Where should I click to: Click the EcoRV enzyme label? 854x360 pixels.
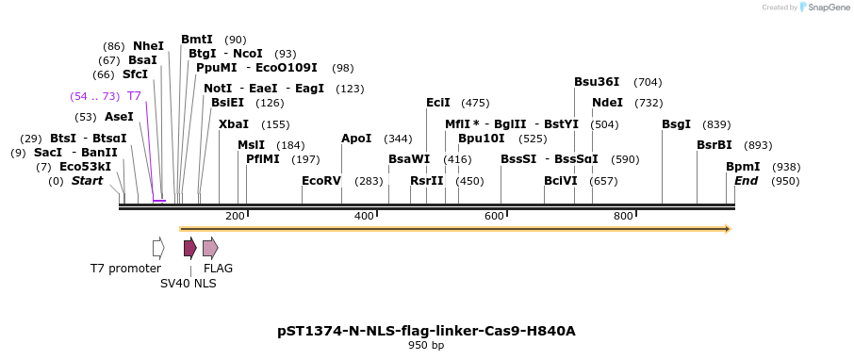[x=320, y=181]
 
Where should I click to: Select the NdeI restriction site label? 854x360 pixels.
[x=607, y=103]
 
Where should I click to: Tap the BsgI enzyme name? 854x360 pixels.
[x=676, y=124]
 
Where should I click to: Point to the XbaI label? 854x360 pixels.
[x=234, y=124]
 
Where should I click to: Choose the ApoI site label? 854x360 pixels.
[x=356, y=139]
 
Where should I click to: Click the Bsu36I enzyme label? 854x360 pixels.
[x=596, y=82]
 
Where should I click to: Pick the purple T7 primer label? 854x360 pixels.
[x=134, y=96]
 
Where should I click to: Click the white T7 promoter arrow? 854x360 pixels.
[x=158, y=248]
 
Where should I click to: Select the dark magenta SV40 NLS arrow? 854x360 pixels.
[x=189, y=248]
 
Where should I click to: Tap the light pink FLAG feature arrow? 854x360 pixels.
[x=210, y=248]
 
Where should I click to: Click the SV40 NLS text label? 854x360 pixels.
[x=188, y=283]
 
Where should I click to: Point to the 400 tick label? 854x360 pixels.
[x=364, y=217]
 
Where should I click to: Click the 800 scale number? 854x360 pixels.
[x=623, y=217]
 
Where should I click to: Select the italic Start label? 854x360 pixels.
[x=87, y=181]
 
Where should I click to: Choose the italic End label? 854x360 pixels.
[x=746, y=181]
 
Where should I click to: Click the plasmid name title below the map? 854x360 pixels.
[x=426, y=331]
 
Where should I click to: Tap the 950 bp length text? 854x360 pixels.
[x=426, y=346]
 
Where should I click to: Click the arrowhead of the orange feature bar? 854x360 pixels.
[x=728, y=228]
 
